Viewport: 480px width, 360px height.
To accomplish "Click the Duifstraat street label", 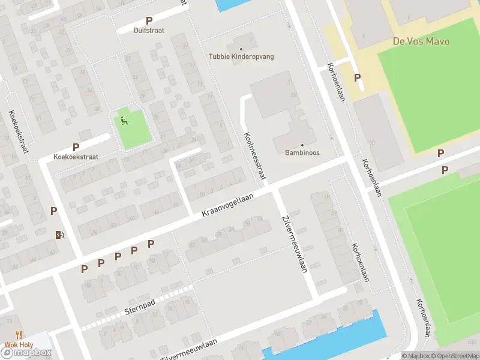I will pos(149,30).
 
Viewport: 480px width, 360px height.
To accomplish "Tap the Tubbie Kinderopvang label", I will pos(241,56).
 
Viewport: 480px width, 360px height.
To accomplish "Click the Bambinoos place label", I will pos(302,152).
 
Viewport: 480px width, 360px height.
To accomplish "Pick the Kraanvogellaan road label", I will pos(227,205).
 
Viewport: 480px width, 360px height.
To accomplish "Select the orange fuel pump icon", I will pos(59,235).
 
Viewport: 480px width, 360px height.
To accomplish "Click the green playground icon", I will pos(124,121).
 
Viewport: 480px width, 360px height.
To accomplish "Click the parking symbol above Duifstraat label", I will pos(149,20).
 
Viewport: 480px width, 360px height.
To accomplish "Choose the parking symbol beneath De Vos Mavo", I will pos(358,77).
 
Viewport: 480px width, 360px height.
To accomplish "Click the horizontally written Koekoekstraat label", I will pos(76,156).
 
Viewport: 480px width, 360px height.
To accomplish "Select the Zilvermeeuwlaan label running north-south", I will pos(294,244).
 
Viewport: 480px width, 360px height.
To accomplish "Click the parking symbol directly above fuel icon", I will pos(54,211).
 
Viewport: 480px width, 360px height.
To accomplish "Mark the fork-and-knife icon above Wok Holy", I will pos(20,335).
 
